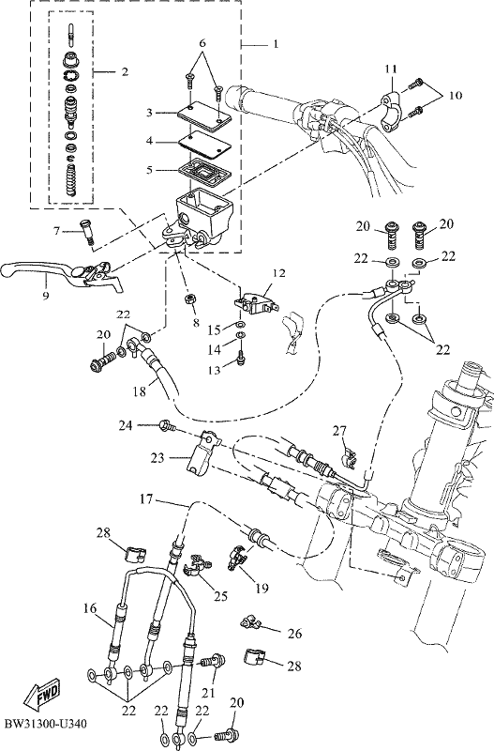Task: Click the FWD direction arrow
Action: [42, 694]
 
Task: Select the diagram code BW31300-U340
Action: [45, 723]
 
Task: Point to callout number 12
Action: [278, 273]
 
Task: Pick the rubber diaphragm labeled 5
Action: [203, 171]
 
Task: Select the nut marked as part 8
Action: [189, 300]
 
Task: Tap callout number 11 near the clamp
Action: [391, 69]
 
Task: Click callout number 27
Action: [339, 431]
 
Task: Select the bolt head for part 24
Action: [166, 424]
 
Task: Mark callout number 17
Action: [146, 499]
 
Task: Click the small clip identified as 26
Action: [248, 622]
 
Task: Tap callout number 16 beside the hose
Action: [90, 608]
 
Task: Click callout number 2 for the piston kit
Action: [125, 72]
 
